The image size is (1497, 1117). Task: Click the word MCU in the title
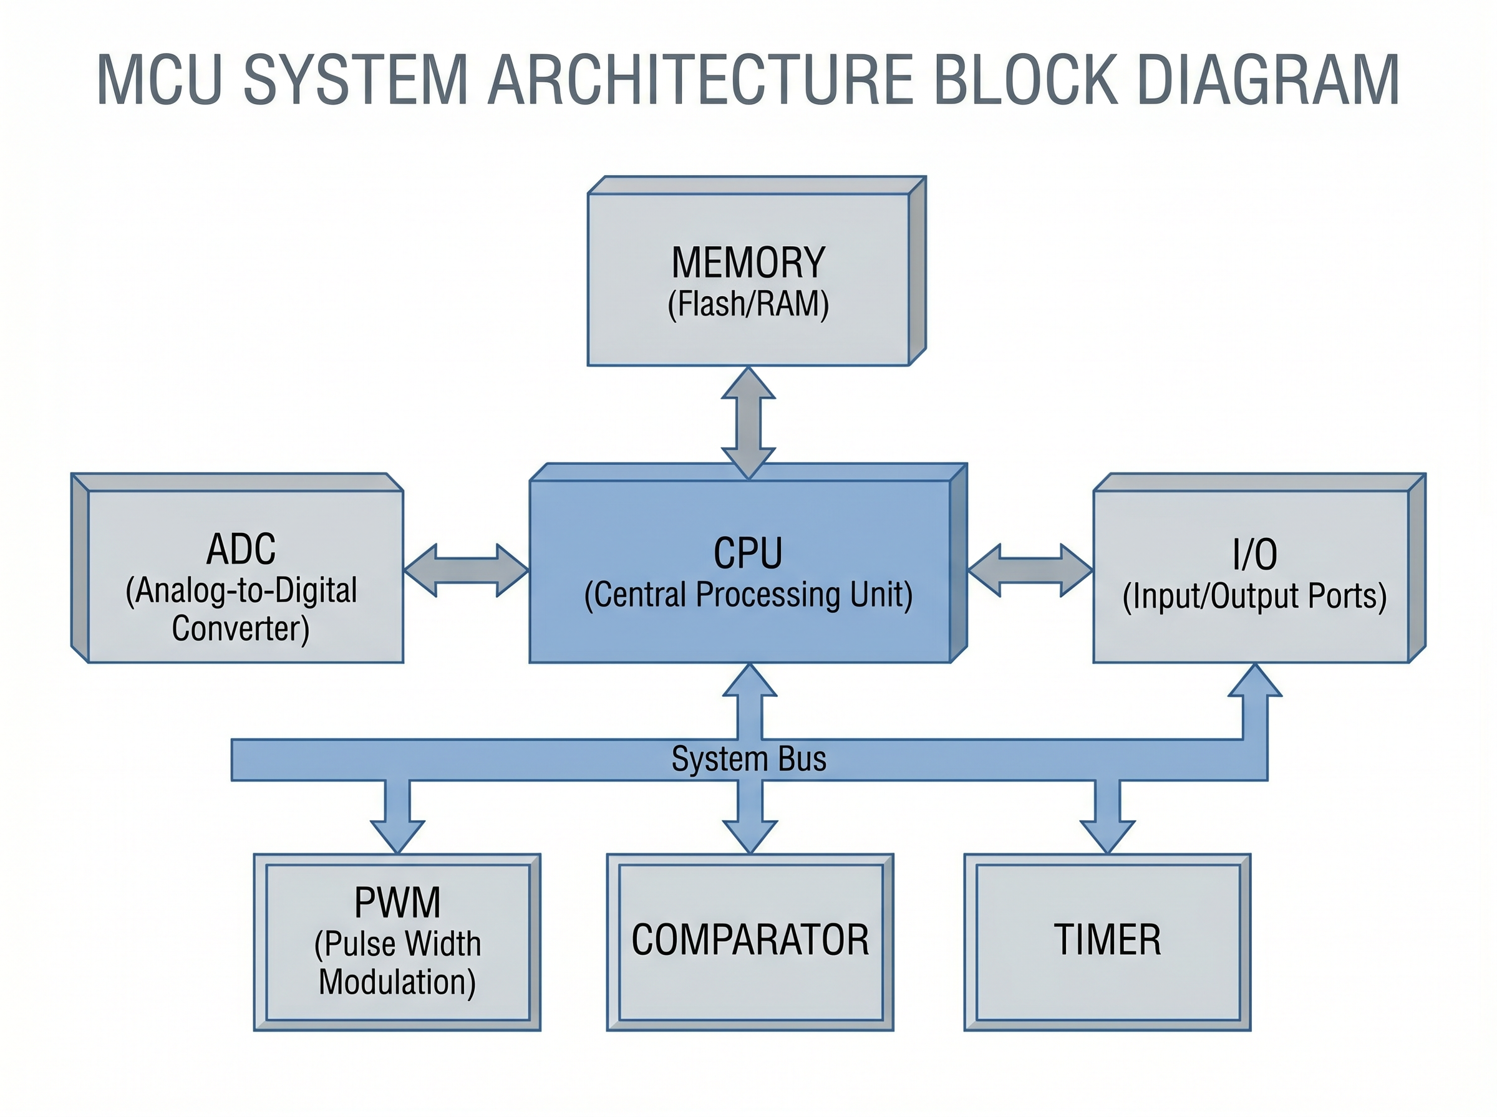coord(159,80)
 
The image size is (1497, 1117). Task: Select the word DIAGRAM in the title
coord(1268,80)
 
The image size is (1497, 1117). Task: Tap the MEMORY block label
coord(748,262)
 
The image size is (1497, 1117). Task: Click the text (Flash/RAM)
coord(748,304)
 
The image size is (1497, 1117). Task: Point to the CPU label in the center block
coord(748,553)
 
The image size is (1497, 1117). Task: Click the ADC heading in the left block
coord(241,549)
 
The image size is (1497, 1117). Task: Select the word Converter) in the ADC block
coord(241,629)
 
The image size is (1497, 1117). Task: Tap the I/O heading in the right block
coord(1255,554)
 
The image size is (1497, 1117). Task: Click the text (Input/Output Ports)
coord(1255,597)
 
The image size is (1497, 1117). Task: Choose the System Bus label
coord(748,759)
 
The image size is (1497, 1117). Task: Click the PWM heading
coord(397,902)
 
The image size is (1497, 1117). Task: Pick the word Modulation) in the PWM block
coord(397,982)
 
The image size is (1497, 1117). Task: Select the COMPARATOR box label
coord(750,940)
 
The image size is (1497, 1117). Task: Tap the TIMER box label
coord(1107,940)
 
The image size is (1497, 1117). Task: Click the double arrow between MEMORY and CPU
coord(748,423)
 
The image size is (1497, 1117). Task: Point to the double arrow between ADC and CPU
coord(466,570)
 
